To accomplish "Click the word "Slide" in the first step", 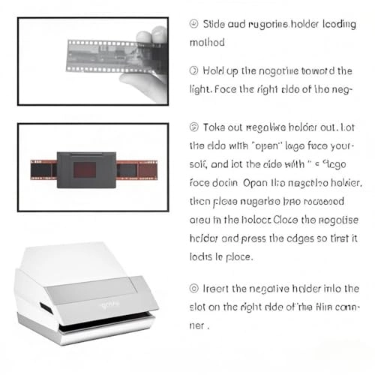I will tap(214, 25).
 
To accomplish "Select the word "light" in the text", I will tap(202, 88).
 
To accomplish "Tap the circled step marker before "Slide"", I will tap(194, 25).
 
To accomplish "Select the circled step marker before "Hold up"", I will tap(194, 70).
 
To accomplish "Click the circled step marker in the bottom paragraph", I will tap(194, 287).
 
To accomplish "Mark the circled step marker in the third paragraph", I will tap(194, 127).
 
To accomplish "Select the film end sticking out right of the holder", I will tap(139, 168).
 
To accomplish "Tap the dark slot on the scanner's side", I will tap(46, 308).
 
